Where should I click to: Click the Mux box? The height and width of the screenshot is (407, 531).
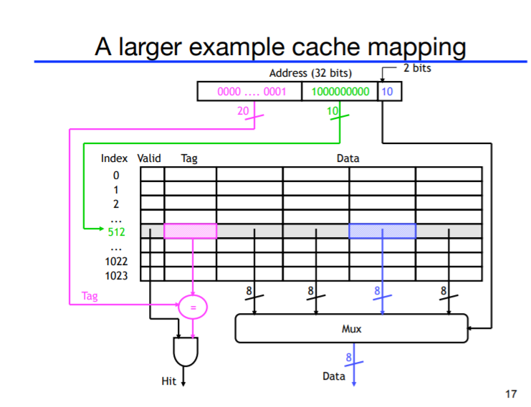(x=351, y=329)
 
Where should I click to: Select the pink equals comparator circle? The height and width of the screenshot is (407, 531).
(x=192, y=307)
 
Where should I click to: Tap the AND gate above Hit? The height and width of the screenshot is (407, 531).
(x=185, y=351)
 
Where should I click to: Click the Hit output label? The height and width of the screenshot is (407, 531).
(x=168, y=381)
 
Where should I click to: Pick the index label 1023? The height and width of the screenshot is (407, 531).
(x=116, y=275)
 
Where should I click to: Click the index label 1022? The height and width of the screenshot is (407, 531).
(x=116, y=262)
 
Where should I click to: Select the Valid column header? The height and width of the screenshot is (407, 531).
(x=149, y=158)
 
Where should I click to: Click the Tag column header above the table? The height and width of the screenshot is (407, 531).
(x=189, y=158)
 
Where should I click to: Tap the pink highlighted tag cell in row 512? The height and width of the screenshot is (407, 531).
(x=191, y=231)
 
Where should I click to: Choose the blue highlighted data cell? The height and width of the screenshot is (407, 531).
(x=382, y=231)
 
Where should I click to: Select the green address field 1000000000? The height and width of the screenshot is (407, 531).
(x=340, y=92)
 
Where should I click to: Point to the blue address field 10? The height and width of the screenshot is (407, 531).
(x=388, y=92)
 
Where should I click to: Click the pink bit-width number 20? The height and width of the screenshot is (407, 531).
(x=243, y=110)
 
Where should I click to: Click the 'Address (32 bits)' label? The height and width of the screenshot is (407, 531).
(x=310, y=73)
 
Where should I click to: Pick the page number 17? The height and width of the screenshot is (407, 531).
(x=510, y=393)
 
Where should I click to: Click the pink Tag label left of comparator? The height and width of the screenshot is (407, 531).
(x=90, y=295)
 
